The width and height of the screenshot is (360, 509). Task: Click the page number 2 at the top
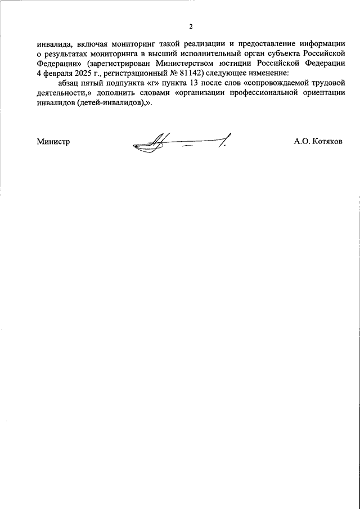coord(191,26)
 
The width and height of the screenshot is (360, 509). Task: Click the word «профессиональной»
coord(254,94)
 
